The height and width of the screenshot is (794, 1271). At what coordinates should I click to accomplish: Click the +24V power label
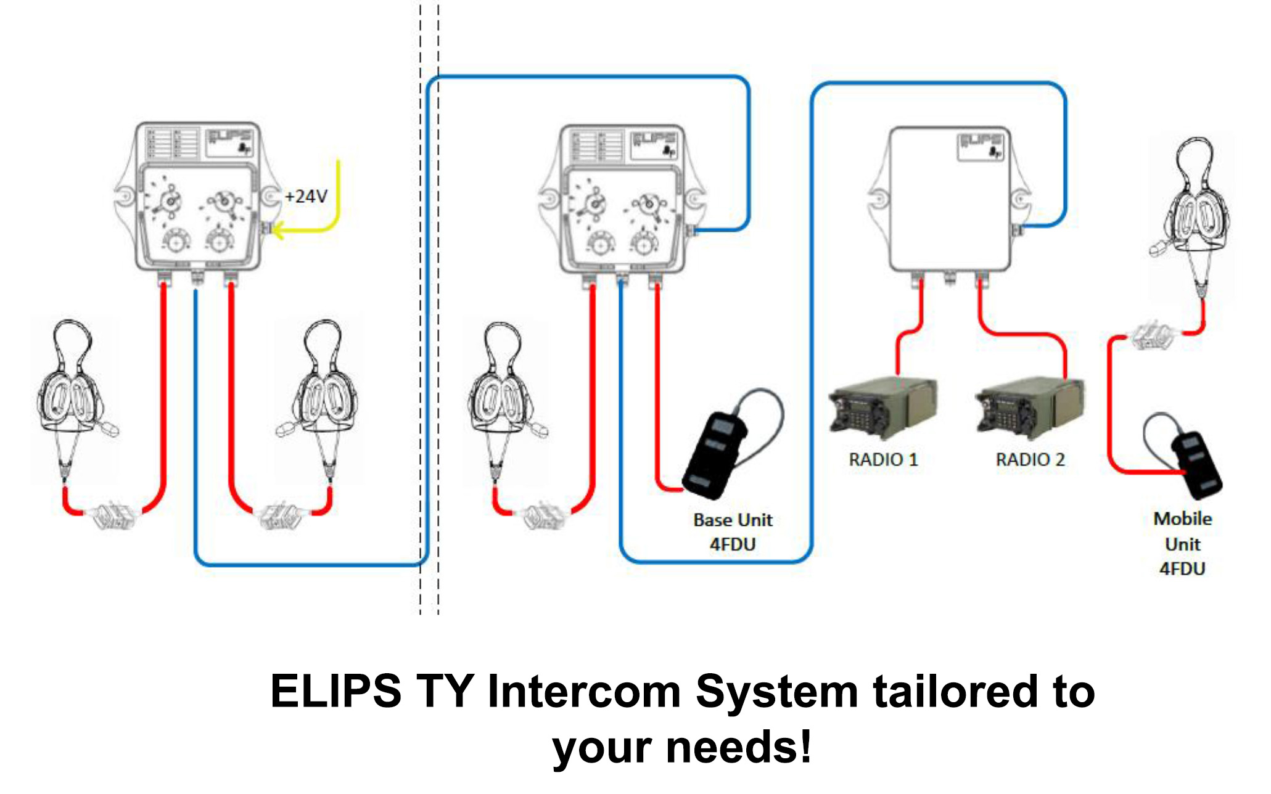[306, 197]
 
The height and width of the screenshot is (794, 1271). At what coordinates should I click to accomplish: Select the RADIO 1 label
[883, 460]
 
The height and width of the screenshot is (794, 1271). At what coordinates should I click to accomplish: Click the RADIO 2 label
[1030, 460]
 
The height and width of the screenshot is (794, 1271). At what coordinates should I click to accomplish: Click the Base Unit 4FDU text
[733, 532]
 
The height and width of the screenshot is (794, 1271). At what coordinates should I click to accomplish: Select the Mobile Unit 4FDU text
[1182, 544]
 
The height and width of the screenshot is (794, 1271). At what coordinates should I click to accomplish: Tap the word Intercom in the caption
[584, 692]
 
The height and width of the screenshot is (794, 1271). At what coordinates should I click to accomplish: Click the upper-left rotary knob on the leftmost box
[168, 201]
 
